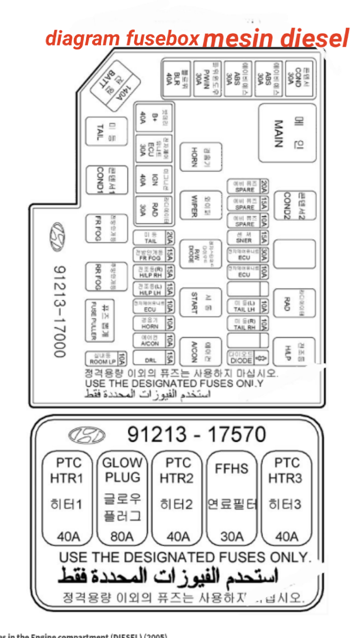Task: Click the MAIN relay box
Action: (x=287, y=133)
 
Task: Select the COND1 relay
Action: (x=107, y=180)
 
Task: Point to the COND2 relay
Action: (x=295, y=206)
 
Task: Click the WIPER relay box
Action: (x=201, y=205)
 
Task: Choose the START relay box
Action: (x=201, y=302)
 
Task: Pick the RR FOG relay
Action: (x=106, y=276)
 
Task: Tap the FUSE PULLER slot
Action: (x=100, y=321)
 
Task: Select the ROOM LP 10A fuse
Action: (x=106, y=359)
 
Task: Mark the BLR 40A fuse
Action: (x=177, y=79)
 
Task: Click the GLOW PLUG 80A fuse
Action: (x=122, y=498)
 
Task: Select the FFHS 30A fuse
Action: (x=232, y=498)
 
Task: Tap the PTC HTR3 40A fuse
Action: (x=286, y=498)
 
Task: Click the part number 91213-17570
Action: (x=197, y=434)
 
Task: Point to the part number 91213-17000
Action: (x=59, y=311)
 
